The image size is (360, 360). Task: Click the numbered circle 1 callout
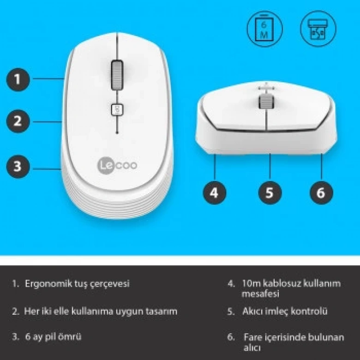pos(18,79)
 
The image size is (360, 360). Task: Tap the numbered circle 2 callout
pos(18,121)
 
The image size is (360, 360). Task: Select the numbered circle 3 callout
pos(18,166)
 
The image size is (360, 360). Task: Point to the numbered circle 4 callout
pos(214,192)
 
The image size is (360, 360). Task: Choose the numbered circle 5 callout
pos(270,192)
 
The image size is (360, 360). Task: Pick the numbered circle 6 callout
pos(321,192)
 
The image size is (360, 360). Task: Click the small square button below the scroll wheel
pos(117,109)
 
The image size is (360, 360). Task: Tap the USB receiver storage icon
pos(318,27)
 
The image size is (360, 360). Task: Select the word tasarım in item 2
pos(162,311)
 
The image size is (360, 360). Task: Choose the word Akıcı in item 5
pos(253,311)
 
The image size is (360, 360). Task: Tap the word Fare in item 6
pos(252,337)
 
